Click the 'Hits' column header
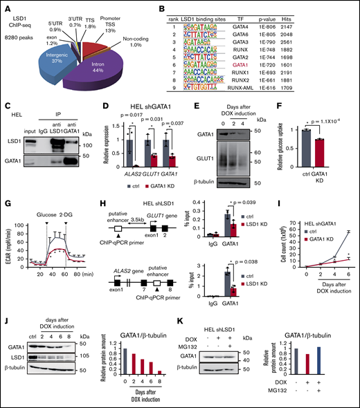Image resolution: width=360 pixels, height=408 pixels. [x=332, y=14]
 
